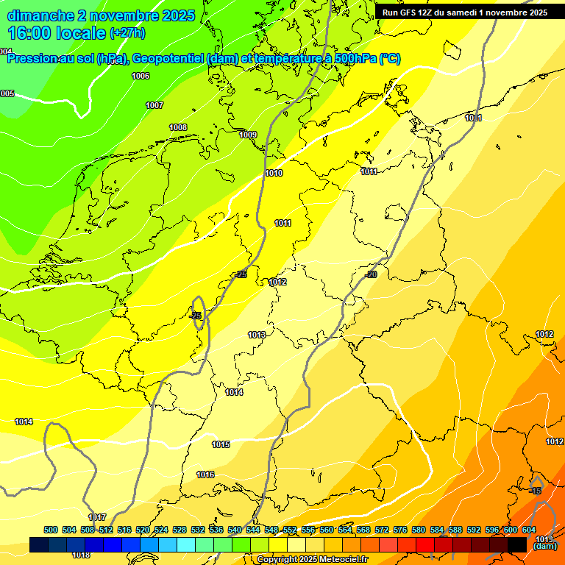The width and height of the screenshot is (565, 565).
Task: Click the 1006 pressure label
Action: coord(141,76)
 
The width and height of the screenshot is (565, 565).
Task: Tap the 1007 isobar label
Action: coord(154,105)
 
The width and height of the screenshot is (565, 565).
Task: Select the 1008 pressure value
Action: coord(178,127)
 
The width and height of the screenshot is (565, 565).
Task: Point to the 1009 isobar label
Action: coord(248,135)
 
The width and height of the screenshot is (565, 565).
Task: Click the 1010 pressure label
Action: coord(274,173)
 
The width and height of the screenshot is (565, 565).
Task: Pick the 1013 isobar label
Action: coord(256,335)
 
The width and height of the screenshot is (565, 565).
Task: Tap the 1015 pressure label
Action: coord(221,444)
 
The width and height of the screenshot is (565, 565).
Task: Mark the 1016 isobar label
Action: coord(205,475)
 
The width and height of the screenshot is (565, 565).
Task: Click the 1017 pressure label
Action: coord(97,517)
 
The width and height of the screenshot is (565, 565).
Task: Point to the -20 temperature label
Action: coord(371,274)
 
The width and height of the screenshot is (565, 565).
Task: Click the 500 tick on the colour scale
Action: coord(51,530)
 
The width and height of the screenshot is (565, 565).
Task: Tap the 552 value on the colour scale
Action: coord(290,530)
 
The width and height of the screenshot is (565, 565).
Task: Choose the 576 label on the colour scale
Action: coord(400,530)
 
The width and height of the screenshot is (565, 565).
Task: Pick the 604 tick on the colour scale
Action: coord(529,530)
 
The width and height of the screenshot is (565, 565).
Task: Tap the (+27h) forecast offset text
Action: coord(127,33)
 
